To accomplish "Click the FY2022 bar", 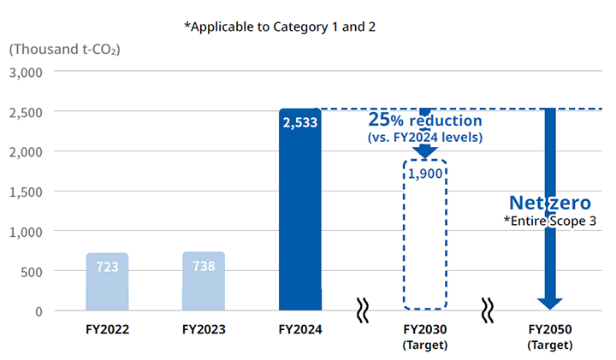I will click(107, 282).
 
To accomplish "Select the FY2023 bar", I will click(204, 282).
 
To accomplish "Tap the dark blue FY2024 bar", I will click(300, 214).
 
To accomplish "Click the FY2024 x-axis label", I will click(300, 329).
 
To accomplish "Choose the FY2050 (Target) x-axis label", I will click(549, 337).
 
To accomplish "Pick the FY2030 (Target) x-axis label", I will click(425, 337).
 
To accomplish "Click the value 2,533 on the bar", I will click(300, 122).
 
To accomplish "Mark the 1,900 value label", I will click(425, 174).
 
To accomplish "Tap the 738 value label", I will click(204, 266).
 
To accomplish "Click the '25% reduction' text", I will click(425, 119).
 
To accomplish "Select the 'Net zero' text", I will click(549, 203).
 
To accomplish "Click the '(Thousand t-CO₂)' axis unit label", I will click(65, 49).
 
